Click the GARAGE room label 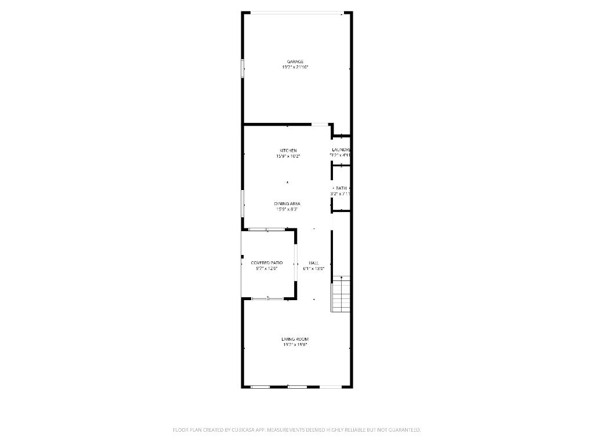(x=295, y=62)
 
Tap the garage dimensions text (x=295, y=67)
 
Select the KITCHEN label (x=288, y=151)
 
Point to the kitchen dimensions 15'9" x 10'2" (x=288, y=156)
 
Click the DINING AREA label (x=287, y=204)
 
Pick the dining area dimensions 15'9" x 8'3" (x=287, y=209)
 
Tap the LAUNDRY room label (x=341, y=150)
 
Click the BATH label (x=341, y=188)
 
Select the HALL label (x=313, y=263)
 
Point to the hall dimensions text (x=313, y=268)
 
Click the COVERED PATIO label (x=267, y=263)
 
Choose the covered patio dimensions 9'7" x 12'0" (x=267, y=268)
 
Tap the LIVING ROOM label (x=295, y=339)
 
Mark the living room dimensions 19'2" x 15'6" (x=295, y=344)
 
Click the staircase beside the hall (x=341, y=294)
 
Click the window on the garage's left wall (x=242, y=68)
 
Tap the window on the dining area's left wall (x=242, y=203)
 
